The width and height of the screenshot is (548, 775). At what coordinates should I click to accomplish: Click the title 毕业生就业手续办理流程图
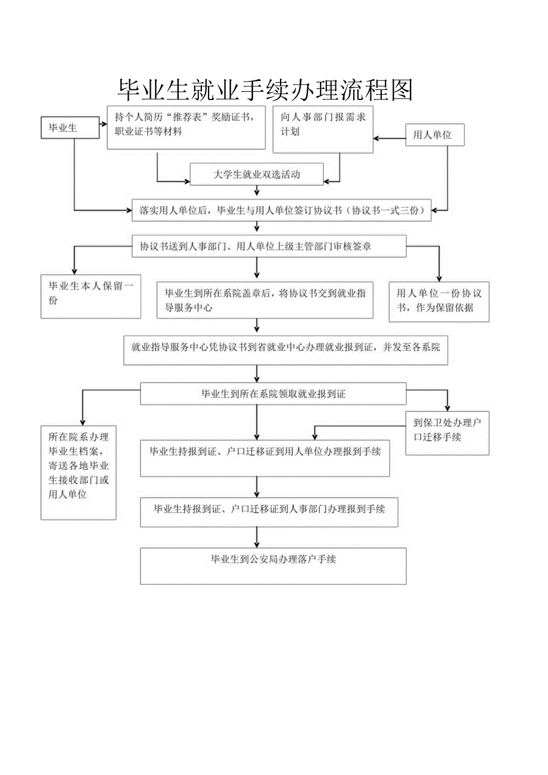click(x=265, y=89)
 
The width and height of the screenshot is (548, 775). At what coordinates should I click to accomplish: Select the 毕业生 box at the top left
click(x=70, y=127)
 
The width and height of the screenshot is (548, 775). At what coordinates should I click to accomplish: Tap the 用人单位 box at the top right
click(x=434, y=135)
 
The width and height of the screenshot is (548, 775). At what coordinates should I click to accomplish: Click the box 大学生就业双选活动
click(x=257, y=175)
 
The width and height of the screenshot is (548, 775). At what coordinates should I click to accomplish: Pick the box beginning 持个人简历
click(x=186, y=127)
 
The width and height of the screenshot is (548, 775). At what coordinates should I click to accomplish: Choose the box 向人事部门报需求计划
click(x=323, y=129)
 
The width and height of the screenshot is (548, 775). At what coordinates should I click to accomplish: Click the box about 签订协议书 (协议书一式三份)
click(x=281, y=210)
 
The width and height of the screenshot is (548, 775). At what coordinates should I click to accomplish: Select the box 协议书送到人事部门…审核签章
click(x=269, y=246)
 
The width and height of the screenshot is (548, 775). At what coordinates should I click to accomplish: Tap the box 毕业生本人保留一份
click(x=91, y=296)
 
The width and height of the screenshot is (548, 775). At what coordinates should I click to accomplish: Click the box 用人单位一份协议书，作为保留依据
click(x=439, y=302)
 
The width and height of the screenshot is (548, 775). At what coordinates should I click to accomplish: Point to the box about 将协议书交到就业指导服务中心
click(x=265, y=300)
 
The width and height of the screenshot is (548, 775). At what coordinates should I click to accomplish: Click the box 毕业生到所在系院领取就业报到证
click(x=273, y=394)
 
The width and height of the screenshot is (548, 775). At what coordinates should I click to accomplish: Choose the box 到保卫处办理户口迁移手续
click(x=447, y=433)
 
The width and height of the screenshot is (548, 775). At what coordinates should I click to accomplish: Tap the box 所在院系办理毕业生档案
click(x=78, y=472)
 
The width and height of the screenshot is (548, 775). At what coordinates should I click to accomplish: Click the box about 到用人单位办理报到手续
click(x=265, y=457)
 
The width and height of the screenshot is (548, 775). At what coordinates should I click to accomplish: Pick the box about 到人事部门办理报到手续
click(x=269, y=510)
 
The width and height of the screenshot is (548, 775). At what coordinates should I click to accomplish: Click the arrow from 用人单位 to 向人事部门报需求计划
click(x=390, y=139)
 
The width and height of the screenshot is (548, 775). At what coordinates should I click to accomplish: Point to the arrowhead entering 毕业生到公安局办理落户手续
click(x=257, y=544)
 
